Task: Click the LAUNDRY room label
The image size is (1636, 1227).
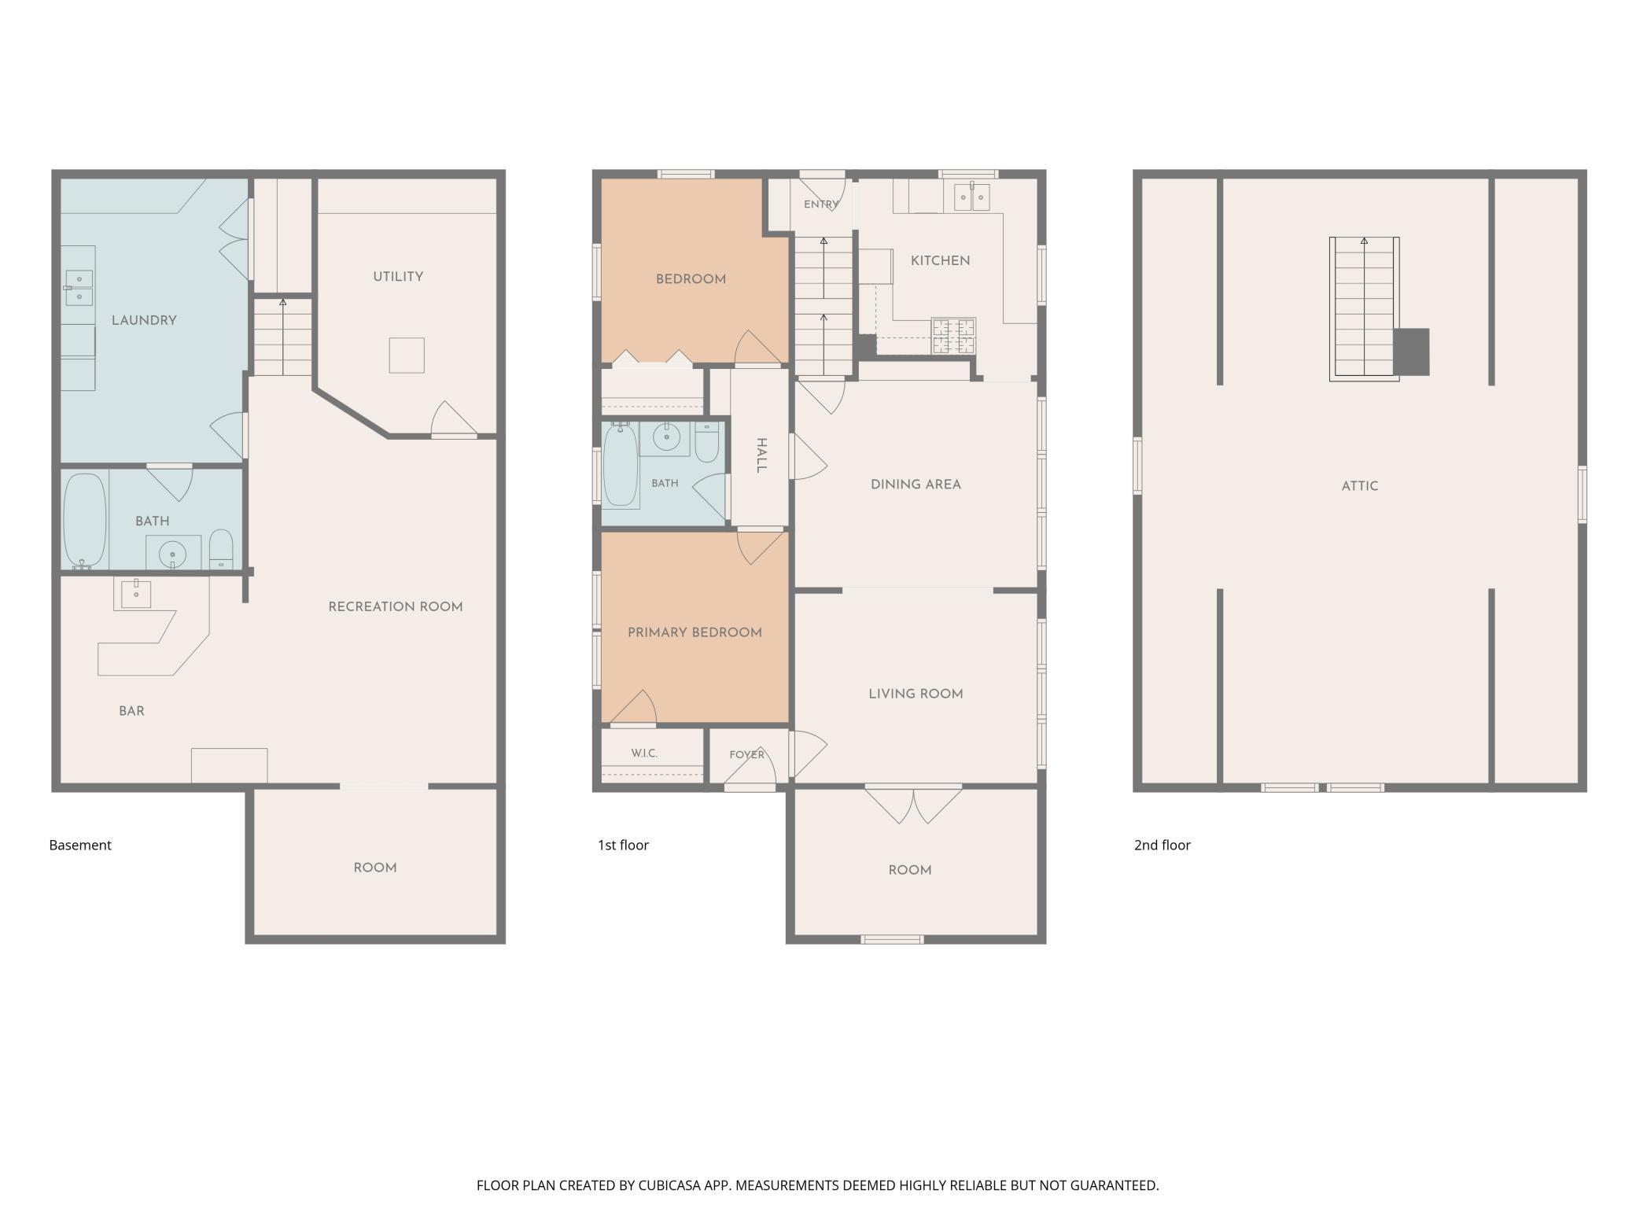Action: click(x=144, y=320)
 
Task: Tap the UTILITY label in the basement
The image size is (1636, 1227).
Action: click(x=398, y=277)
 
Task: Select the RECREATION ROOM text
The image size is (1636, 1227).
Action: click(x=396, y=606)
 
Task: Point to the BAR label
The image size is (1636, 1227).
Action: click(x=131, y=711)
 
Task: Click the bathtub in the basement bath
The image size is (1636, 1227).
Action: click(x=84, y=520)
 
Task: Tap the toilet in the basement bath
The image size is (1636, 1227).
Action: click(x=221, y=549)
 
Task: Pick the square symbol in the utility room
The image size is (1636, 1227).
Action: click(x=407, y=356)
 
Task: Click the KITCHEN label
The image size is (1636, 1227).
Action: click(x=940, y=260)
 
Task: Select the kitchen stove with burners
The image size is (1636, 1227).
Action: click(x=953, y=336)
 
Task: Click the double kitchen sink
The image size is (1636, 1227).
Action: click(x=971, y=197)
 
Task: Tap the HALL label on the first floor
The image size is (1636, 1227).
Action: click(x=761, y=455)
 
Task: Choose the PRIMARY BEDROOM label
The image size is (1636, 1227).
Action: click(x=695, y=632)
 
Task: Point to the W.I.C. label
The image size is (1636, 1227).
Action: click(x=644, y=754)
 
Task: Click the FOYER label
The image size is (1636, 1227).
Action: click(x=746, y=755)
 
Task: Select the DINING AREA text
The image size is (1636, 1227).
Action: click(x=916, y=485)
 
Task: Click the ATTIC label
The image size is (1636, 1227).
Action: click(x=1360, y=486)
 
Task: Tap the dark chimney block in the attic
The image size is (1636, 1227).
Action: click(x=1411, y=352)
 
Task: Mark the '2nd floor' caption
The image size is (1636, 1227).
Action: click(x=1163, y=845)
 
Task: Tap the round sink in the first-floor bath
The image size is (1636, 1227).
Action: click(x=666, y=436)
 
